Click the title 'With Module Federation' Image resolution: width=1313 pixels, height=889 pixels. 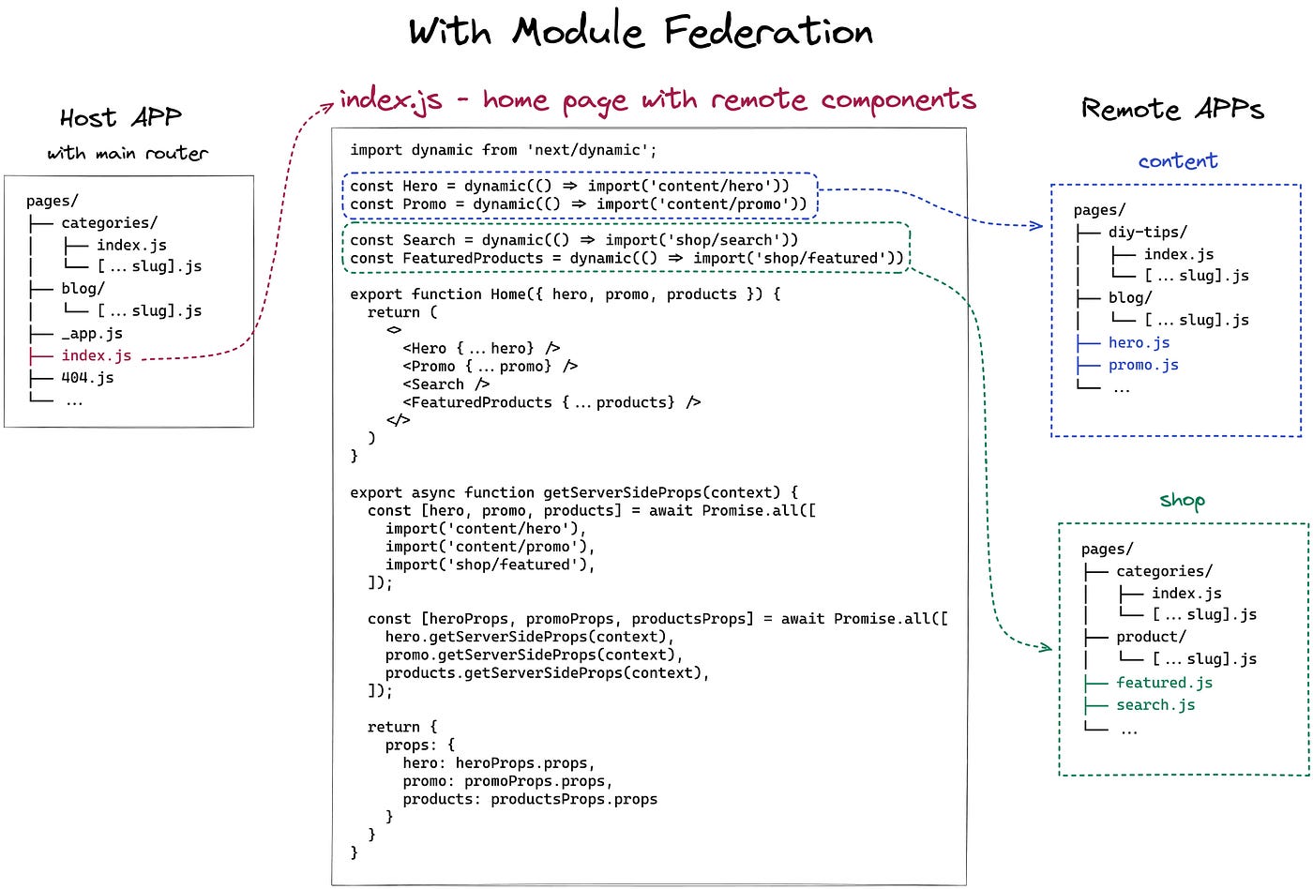(641, 32)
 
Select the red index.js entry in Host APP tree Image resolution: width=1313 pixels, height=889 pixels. (96, 355)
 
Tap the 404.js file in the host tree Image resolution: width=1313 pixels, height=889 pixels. (87, 378)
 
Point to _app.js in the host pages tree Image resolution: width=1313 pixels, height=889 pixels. (91, 333)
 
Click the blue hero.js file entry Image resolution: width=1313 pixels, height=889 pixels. (1139, 342)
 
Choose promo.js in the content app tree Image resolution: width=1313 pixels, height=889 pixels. (1143, 365)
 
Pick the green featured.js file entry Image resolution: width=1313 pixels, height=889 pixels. (1164, 683)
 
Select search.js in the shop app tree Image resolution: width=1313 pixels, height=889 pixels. (1155, 705)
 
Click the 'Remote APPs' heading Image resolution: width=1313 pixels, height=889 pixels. (1172, 110)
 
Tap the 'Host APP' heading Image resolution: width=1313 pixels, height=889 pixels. (121, 118)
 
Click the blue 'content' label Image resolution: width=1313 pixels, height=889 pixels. (1178, 161)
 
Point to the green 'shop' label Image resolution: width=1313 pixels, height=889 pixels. (1182, 500)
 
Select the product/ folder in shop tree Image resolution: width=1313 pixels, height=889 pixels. (1151, 637)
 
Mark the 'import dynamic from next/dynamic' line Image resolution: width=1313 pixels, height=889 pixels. (504, 150)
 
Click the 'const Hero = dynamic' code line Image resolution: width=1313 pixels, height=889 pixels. (570, 186)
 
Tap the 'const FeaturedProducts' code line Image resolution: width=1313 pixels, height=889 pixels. (626, 258)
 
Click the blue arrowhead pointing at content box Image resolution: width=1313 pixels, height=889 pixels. (1037, 225)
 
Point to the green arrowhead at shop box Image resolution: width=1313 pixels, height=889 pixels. (1046, 647)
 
